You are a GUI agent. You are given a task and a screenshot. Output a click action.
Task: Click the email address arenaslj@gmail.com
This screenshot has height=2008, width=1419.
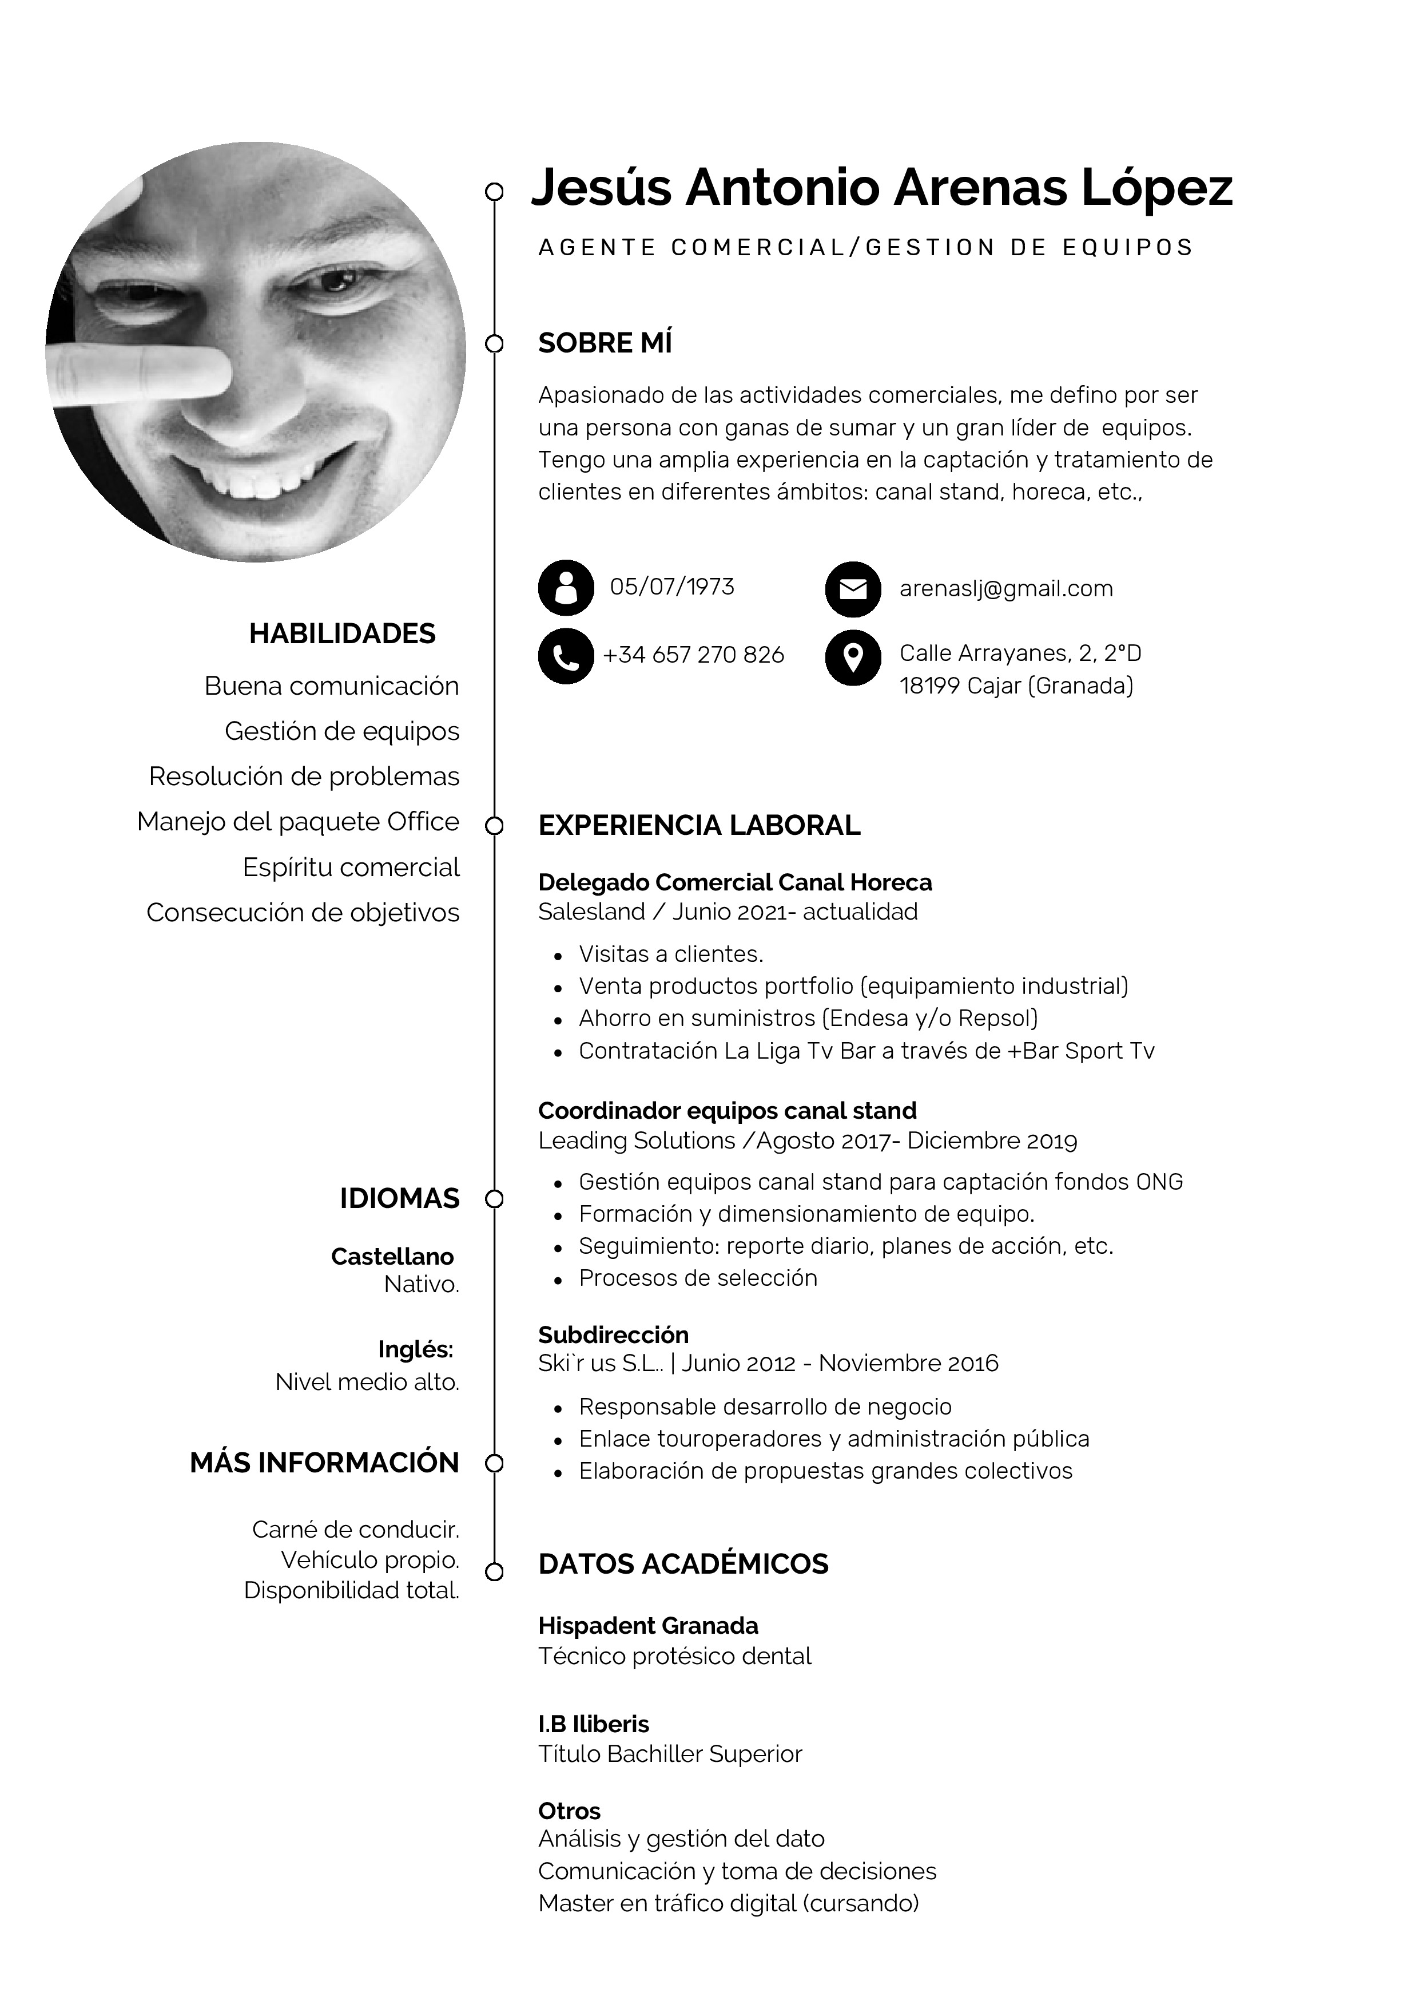[x=1005, y=589]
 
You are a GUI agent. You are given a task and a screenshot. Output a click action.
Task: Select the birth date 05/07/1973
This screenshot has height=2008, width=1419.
[x=671, y=587]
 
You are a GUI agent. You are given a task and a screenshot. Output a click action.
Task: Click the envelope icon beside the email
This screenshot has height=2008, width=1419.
[x=852, y=589]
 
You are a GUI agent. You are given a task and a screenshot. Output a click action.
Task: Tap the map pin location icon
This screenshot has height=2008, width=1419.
[x=852, y=657]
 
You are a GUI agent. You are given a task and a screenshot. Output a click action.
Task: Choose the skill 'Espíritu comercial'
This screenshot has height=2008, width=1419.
[x=351, y=868]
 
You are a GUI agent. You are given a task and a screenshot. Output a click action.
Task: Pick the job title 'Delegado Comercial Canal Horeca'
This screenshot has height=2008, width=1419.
[x=734, y=882]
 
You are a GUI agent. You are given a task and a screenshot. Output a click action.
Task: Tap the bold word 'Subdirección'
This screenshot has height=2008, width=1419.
[x=613, y=1334]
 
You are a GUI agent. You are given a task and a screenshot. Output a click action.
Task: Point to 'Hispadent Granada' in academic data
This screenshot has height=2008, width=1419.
[x=648, y=1626]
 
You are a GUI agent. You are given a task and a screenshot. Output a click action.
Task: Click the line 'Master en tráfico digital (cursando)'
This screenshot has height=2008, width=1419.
[x=728, y=1903]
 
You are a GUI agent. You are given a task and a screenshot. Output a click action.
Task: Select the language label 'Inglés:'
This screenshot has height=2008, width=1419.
[x=415, y=1349]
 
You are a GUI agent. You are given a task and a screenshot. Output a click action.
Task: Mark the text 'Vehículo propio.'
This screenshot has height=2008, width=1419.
[x=370, y=1561]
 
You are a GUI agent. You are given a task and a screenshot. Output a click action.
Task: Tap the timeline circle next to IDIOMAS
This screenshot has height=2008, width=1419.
[x=494, y=1199]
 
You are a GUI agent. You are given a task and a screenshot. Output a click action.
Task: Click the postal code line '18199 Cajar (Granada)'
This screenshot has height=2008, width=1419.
[x=1016, y=686]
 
